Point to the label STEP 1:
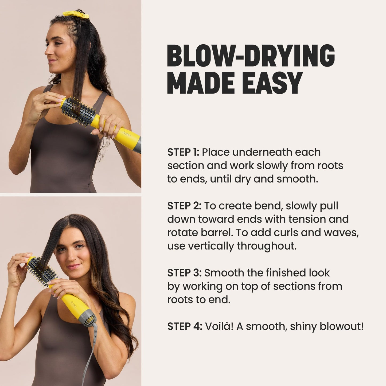pyautogui.click(x=183, y=152)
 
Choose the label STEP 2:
pyautogui.click(x=184, y=206)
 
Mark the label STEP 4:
pyautogui.click(x=185, y=326)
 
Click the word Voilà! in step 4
pyautogui.click(x=219, y=326)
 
